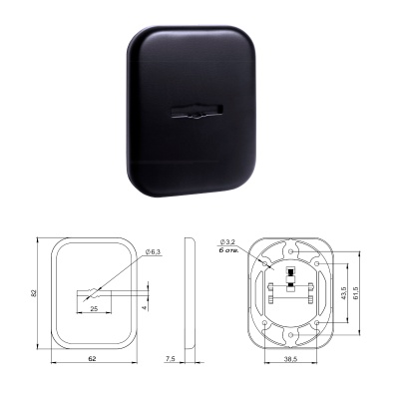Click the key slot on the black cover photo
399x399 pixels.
tap(197, 112)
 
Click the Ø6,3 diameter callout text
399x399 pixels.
tap(153, 252)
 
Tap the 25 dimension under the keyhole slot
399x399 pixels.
tap(94, 309)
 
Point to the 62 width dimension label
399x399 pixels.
tap(93, 358)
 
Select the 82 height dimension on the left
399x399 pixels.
tap(33, 293)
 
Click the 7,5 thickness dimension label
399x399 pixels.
tap(171, 358)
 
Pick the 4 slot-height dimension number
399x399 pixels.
tap(145, 307)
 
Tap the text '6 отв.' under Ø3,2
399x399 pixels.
tap(228, 249)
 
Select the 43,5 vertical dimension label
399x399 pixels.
tap(343, 293)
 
